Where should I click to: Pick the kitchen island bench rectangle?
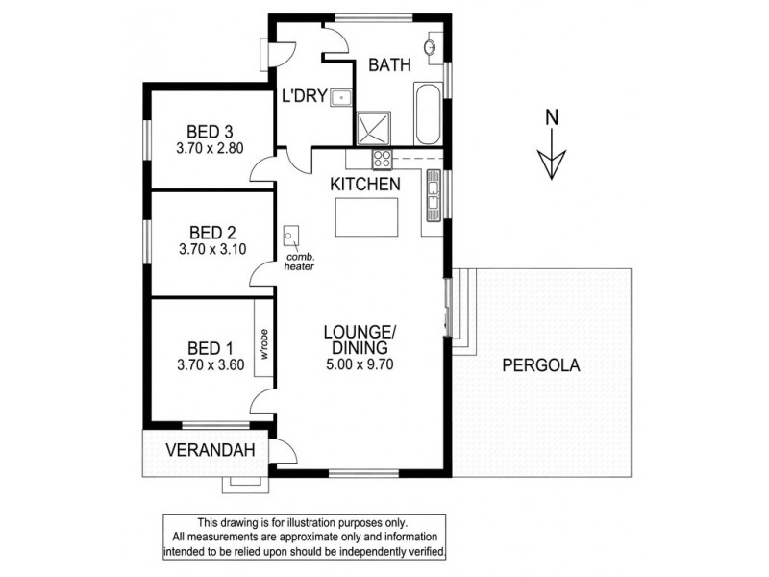(x=365, y=217)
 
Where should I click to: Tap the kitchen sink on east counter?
(x=434, y=198)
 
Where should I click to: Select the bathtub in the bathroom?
(x=428, y=113)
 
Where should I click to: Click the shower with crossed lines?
(x=371, y=128)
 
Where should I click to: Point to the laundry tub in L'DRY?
(x=340, y=97)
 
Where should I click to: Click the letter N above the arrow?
(x=552, y=118)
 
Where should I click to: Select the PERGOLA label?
(x=542, y=365)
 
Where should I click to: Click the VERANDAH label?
(x=203, y=449)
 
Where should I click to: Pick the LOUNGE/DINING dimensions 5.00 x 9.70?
(x=359, y=364)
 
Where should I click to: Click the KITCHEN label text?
(x=364, y=183)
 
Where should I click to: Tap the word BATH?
(x=390, y=65)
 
